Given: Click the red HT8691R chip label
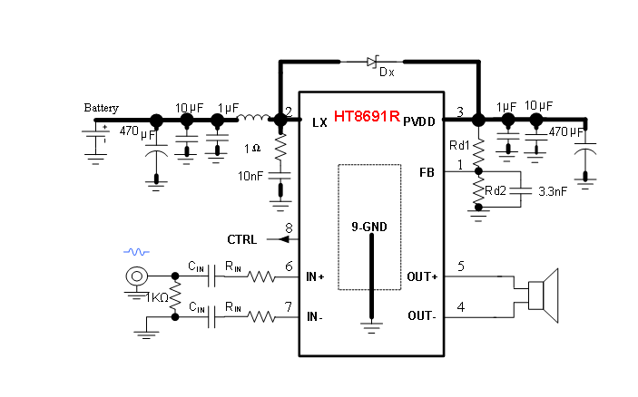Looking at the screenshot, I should point(367,116).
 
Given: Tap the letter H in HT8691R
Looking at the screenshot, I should point(339,116).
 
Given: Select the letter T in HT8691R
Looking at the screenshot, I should point(348,116).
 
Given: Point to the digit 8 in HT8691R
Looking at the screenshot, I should point(358,116).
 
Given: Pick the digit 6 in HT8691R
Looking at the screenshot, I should point(367,116).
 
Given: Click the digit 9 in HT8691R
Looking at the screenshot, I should point(376,116).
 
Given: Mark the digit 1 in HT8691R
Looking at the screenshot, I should point(384,116).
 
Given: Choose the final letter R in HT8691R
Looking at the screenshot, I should point(394,116).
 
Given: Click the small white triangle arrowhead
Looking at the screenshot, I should point(370,62).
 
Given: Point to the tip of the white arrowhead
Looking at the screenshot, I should point(375,62).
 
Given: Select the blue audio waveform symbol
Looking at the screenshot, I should point(136,251).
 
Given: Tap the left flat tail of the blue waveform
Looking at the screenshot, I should point(125,251).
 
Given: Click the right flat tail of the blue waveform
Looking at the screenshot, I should point(147,251).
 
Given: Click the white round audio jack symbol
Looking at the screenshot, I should point(136,276).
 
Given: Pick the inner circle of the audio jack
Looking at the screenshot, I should point(136,276).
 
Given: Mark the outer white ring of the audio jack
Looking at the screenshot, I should point(130,276).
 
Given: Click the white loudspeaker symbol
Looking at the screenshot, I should point(543,295).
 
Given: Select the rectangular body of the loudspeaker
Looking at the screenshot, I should point(535,295).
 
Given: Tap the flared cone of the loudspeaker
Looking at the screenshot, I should point(551,295).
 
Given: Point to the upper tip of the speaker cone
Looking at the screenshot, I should point(555,271).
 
